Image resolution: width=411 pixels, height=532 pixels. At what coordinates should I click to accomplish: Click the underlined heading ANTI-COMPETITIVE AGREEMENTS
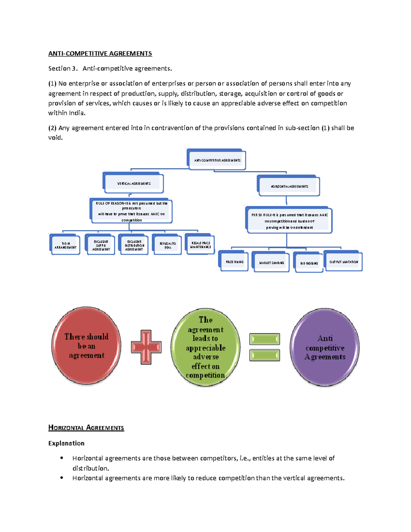(x=100, y=53)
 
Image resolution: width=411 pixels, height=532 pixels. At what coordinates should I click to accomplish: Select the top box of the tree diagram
(x=217, y=160)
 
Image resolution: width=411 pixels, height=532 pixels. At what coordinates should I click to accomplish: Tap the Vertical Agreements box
(x=134, y=184)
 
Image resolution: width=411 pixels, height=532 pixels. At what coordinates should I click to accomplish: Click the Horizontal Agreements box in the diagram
(x=289, y=186)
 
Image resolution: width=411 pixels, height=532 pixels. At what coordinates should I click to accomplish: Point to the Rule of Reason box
(x=132, y=211)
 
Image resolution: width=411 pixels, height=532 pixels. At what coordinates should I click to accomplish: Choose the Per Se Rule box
(x=289, y=221)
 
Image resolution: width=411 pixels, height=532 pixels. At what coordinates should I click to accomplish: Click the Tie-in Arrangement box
(x=65, y=245)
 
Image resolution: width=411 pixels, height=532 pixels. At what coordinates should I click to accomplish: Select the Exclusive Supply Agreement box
(x=101, y=245)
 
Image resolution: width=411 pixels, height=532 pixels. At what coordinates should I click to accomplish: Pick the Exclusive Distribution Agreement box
(x=134, y=245)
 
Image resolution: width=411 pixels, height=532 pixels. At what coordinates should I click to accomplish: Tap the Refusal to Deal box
(x=167, y=245)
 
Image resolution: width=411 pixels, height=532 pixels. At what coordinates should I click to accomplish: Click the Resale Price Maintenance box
(x=201, y=245)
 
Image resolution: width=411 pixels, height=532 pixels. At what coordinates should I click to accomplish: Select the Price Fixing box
(x=234, y=262)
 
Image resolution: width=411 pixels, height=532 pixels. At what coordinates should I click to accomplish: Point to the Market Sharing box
(x=272, y=263)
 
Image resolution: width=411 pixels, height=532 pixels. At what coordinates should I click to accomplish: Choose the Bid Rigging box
(x=309, y=263)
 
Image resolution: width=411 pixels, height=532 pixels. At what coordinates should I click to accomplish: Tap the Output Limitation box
(x=344, y=262)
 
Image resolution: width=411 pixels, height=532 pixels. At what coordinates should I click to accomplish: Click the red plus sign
(x=146, y=347)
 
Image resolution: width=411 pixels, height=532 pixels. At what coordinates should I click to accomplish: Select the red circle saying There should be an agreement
(x=86, y=346)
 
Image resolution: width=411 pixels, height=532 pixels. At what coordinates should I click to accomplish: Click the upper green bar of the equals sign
(x=265, y=339)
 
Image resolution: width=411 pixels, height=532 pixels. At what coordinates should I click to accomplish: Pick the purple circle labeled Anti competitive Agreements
(x=325, y=347)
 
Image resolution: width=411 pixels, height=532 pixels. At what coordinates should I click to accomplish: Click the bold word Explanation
(x=66, y=443)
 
